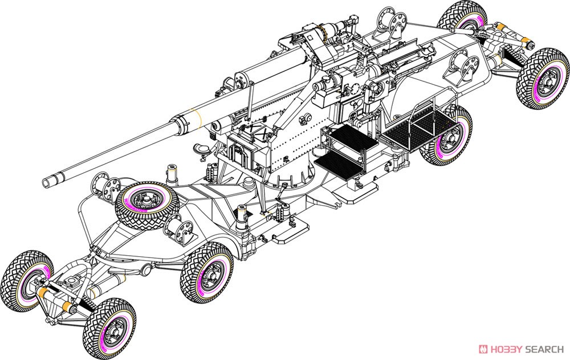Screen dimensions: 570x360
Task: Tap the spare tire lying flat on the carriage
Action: (146, 202)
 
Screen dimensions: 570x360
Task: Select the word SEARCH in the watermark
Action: (544, 349)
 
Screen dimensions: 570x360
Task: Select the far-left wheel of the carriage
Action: (27, 281)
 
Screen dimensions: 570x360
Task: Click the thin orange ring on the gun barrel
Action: (200, 117)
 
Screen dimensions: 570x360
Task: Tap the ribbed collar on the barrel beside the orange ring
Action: (182, 124)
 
